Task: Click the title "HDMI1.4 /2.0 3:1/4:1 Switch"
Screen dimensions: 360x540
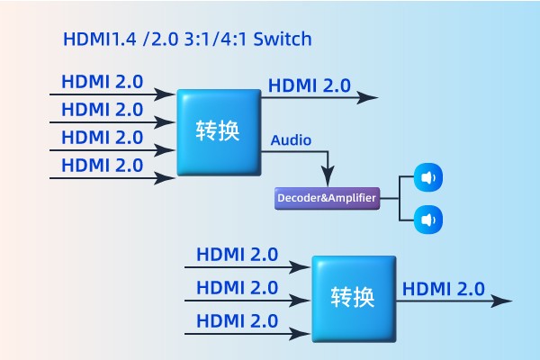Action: pyautogui.click(x=187, y=40)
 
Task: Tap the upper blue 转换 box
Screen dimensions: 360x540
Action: pyautogui.click(x=218, y=131)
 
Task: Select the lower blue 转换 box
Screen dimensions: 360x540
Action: pyautogui.click(x=353, y=298)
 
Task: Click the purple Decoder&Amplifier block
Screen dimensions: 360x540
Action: pyautogui.click(x=327, y=197)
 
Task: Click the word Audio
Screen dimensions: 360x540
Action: pyautogui.click(x=291, y=140)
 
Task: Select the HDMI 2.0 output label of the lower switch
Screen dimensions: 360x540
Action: pyautogui.click(x=443, y=289)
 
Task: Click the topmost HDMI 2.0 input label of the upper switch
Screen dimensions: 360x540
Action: pyautogui.click(x=102, y=81)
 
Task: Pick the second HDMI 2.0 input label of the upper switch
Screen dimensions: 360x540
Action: pyautogui.click(x=102, y=109)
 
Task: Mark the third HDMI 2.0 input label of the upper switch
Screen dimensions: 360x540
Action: pyautogui.click(x=102, y=137)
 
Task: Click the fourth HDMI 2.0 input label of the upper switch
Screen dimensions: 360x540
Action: pyautogui.click(x=102, y=165)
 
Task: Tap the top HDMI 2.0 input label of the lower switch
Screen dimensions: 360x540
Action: pyautogui.click(x=237, y=255)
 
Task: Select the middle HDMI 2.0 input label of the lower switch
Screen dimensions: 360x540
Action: pyautogui.click(x=237, y=288)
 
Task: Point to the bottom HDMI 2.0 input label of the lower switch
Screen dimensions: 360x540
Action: pyautogui.click(x=237, y=320)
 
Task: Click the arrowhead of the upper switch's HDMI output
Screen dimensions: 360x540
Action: pyautogui.click(x=370, y=96)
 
